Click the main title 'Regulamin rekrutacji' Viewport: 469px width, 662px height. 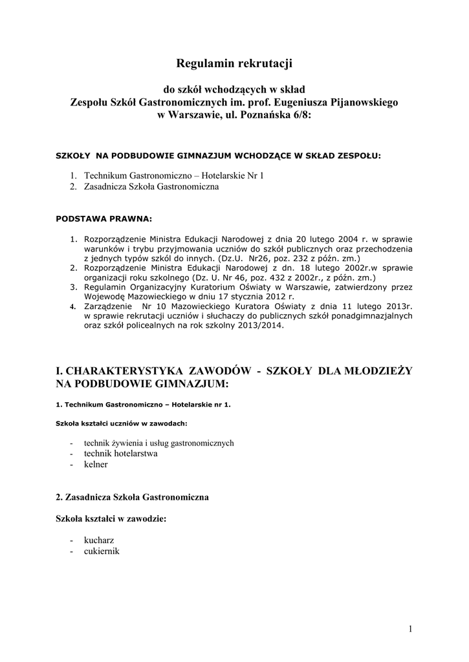click(234, 63)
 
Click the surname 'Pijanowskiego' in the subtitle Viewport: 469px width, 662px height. click(366, 102)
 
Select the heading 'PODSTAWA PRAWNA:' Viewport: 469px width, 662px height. click(104, 219)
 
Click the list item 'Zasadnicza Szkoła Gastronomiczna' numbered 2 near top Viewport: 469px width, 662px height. click(151, 187)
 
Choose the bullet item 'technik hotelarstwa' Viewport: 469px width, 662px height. click(121, 454)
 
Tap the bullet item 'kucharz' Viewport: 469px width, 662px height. click(98, 540)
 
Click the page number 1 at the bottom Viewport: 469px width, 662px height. click(410, 629)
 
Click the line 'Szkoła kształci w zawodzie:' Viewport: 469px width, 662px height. click(111, 518)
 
